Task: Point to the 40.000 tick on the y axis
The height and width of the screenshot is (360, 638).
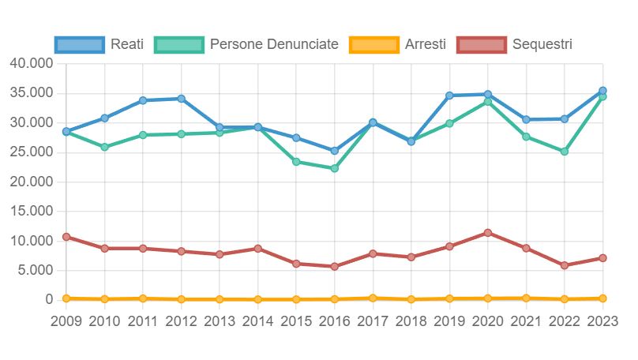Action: pyautogui.click(x=31, y=63)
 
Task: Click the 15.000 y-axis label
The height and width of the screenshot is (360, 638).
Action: pyautogui.click(x=31, y=212)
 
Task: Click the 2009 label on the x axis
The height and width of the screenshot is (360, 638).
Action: pyautogui.click(x=66, y=321)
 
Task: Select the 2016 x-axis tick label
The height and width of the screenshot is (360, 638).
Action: pyautogui.click(x=335, y=321)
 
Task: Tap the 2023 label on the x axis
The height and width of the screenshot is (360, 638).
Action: pyautogui.click(x=602, y=321)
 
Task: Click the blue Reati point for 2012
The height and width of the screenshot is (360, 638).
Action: pyautogui.click(x=181, y=99)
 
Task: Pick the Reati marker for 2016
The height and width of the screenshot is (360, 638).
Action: pyautogui.click(x=335, y=151)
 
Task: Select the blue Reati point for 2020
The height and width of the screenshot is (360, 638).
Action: pyautogui.click(x=488, y=95)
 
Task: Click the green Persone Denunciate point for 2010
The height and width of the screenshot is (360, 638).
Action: pyautogui.click(x=104, y=147)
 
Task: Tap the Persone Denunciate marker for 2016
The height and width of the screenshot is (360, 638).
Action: pyautogui.click(x=335, y=168)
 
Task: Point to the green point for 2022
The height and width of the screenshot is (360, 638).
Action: pyautogui.click(x=565, y=151)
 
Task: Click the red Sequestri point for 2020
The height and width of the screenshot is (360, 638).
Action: pyautogui.click(x=488, y=233)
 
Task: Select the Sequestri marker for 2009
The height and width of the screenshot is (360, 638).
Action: pyautogui.click(x=66, y=237)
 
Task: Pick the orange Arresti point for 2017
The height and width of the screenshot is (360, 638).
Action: pyautogui.click(x=373, y=298)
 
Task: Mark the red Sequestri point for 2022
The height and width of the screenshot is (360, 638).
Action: pyautogui.click(x=565, y=265)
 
